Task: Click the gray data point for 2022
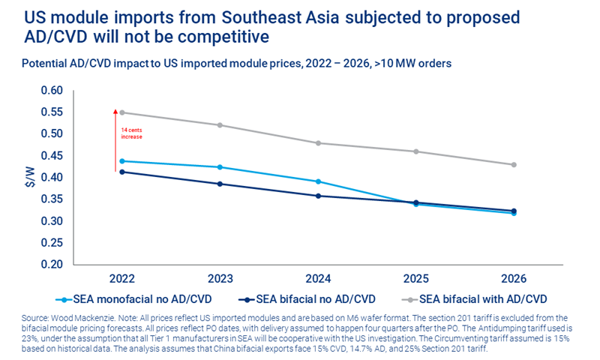(x=121, y=112)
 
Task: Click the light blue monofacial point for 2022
(x=121, y=161)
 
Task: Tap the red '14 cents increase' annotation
(x=132, y=133)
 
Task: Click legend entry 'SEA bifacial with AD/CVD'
(x=484, y=298)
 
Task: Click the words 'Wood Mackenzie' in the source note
(x=72, y=316)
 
